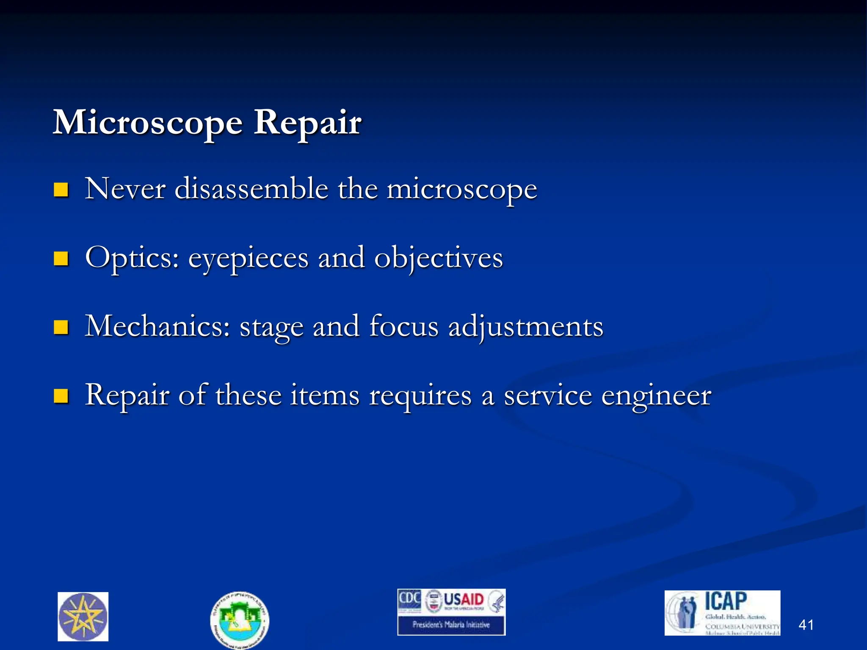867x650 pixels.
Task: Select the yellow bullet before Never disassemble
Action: click(x=61, y=190)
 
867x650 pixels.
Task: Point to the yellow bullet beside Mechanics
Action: click(x=61, y=327)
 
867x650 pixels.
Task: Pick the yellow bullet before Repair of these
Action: click(x=61, y=396)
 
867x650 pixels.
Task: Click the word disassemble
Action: click(x=251, y=189)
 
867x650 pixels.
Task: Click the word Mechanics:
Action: click(x=157, y=326)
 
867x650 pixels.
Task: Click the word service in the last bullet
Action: click(x=548, y=396)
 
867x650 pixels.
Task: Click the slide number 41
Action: click(x=806, y=625)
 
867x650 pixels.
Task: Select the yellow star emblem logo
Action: click(x=83, y=617)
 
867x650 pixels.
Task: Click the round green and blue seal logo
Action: click(x=240, y=620)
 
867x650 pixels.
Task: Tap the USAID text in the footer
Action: click(x=464, y=600)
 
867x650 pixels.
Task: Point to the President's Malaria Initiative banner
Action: click(x=451, y=625)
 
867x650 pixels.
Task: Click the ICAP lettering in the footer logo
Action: click(x=726, y=601)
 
